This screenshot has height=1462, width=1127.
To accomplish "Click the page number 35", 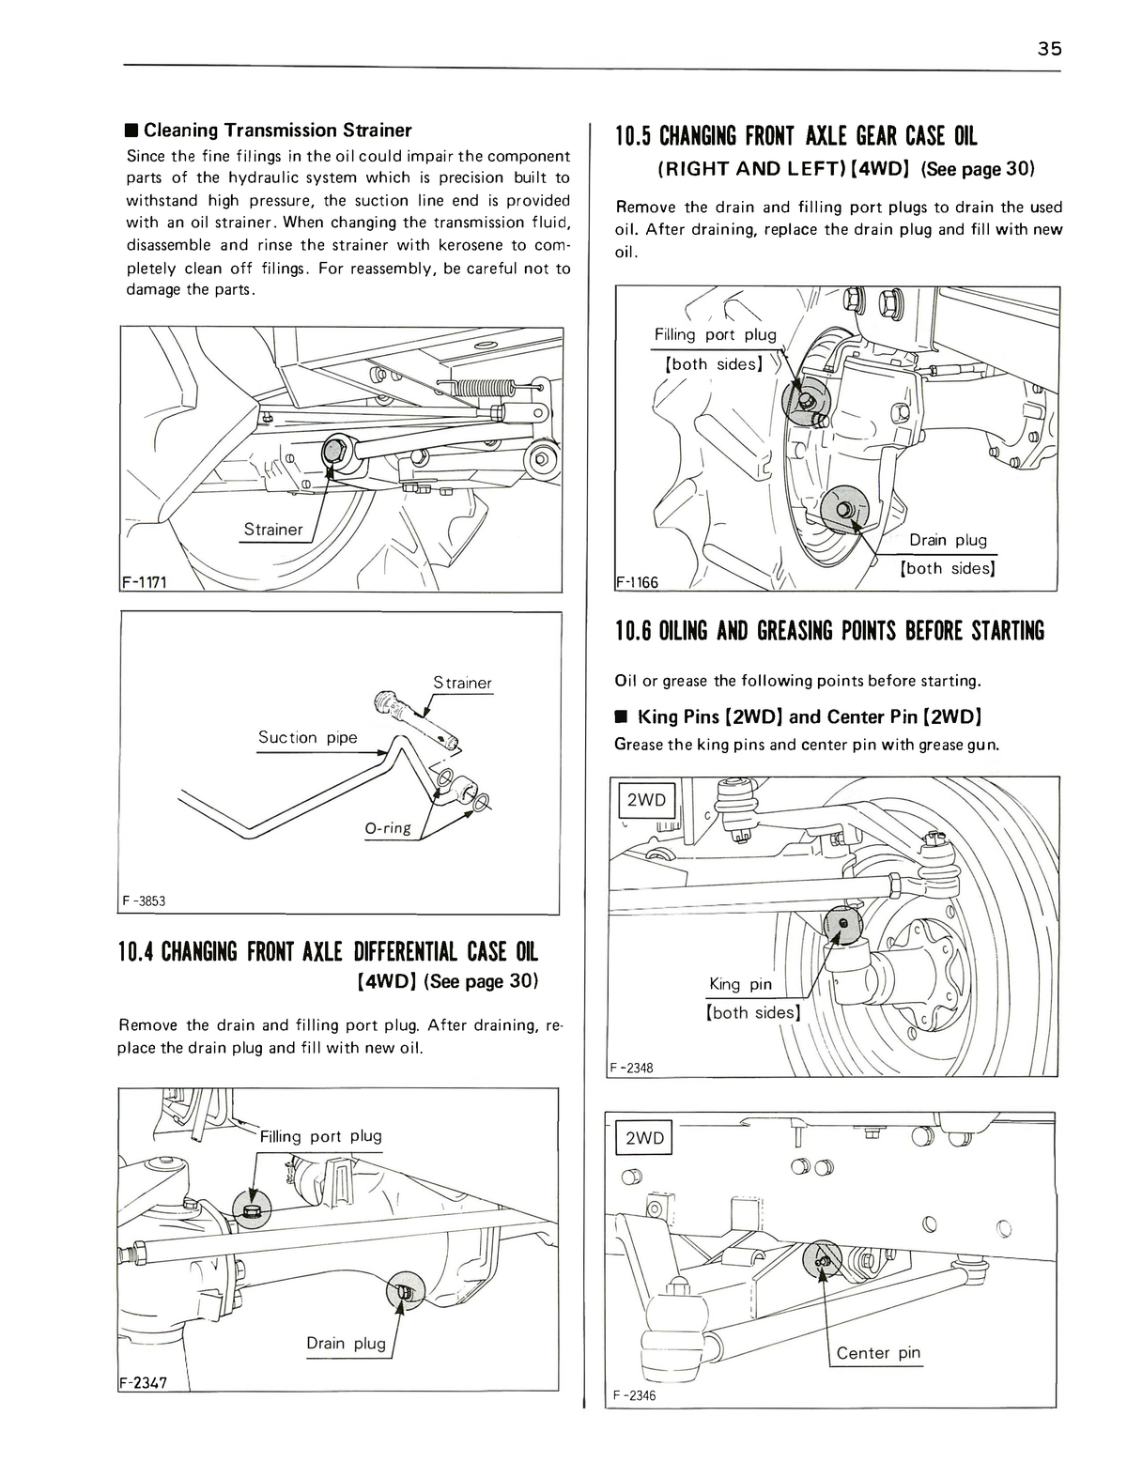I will [x=1049, y=50].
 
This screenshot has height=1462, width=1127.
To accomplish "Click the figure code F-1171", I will [x=144, y=582].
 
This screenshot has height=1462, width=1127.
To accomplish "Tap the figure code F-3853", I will [x=144, y=901].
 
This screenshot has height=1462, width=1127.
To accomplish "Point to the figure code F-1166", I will [x=637, y=582].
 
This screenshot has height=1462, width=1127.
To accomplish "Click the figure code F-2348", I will [x=632, y=1068].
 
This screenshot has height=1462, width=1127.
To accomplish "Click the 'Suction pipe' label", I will [x=307, y=737].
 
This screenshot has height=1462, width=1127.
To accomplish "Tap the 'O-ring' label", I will [x=387, y=827].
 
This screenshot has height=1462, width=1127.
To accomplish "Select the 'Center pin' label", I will [x=877, y=1353].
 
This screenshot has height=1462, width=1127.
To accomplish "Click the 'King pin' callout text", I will [x=740, y=984].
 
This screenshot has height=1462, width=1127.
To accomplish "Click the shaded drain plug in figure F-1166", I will [x=843, y=510].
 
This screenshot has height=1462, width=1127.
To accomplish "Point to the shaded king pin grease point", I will [x=841, y=924].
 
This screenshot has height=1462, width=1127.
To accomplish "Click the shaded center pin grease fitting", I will [x=823, y=1262].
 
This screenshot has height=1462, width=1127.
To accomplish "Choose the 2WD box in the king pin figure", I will [x=645, y=800].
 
